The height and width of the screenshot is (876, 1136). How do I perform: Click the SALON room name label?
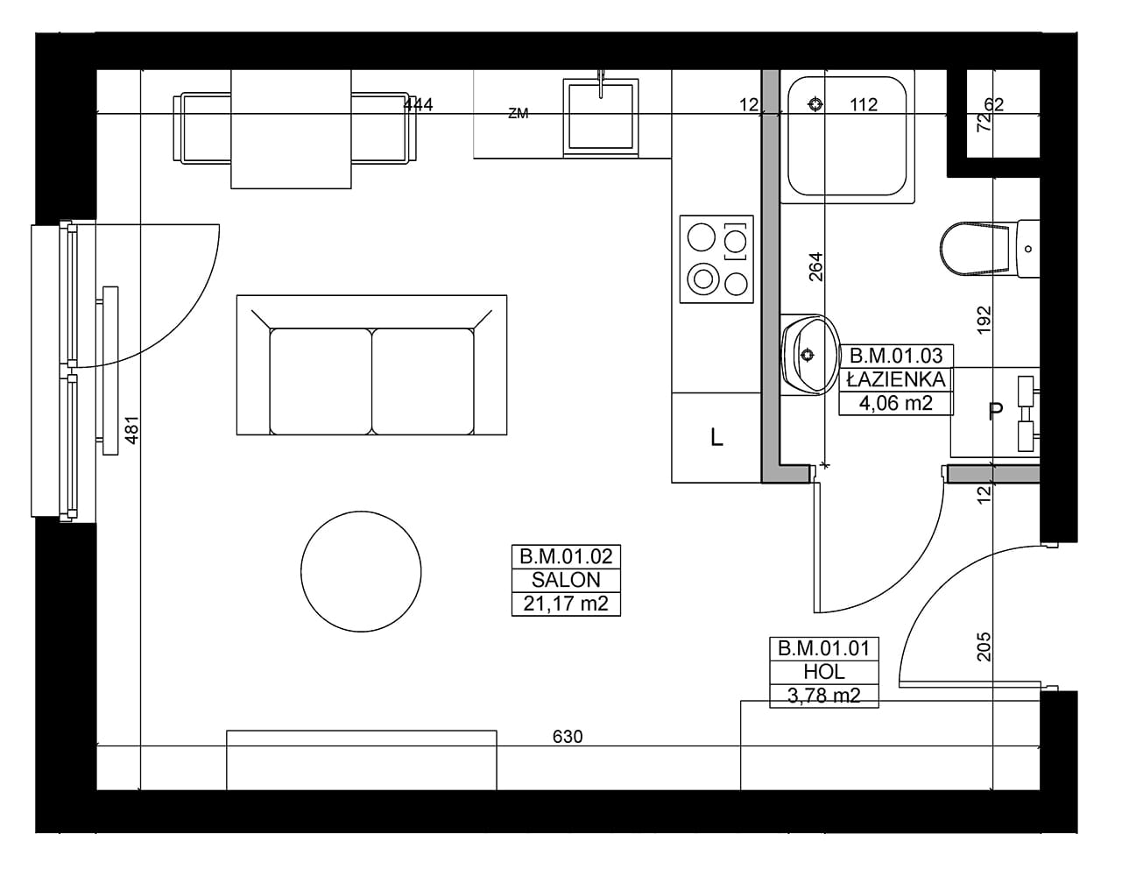566,580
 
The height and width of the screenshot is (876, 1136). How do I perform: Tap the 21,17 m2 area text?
566,604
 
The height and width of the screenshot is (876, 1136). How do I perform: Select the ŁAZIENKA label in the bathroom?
896,379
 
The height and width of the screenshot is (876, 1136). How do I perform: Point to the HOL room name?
824,672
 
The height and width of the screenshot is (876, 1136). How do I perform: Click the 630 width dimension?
568,737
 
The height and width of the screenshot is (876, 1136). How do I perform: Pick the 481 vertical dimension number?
132,429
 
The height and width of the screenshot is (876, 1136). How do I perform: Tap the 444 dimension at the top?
418,105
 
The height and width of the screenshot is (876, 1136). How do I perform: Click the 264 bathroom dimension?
816,266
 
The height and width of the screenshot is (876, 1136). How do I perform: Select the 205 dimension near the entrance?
984,646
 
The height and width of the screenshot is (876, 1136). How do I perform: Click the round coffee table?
361,571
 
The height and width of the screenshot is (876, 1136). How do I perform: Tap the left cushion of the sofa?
321,381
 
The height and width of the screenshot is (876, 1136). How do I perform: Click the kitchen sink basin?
601,117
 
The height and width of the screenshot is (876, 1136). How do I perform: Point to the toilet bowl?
974,249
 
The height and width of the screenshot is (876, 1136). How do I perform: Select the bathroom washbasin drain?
808,355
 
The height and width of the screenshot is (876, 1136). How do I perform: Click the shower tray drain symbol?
815,104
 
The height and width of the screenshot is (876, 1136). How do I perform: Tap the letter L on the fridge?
716,437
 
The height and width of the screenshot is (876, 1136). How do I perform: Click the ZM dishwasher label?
518,113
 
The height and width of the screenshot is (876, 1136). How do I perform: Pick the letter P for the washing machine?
996,411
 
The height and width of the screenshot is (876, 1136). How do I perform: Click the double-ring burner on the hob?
703,278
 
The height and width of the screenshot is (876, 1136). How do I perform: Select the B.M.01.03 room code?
896,356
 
